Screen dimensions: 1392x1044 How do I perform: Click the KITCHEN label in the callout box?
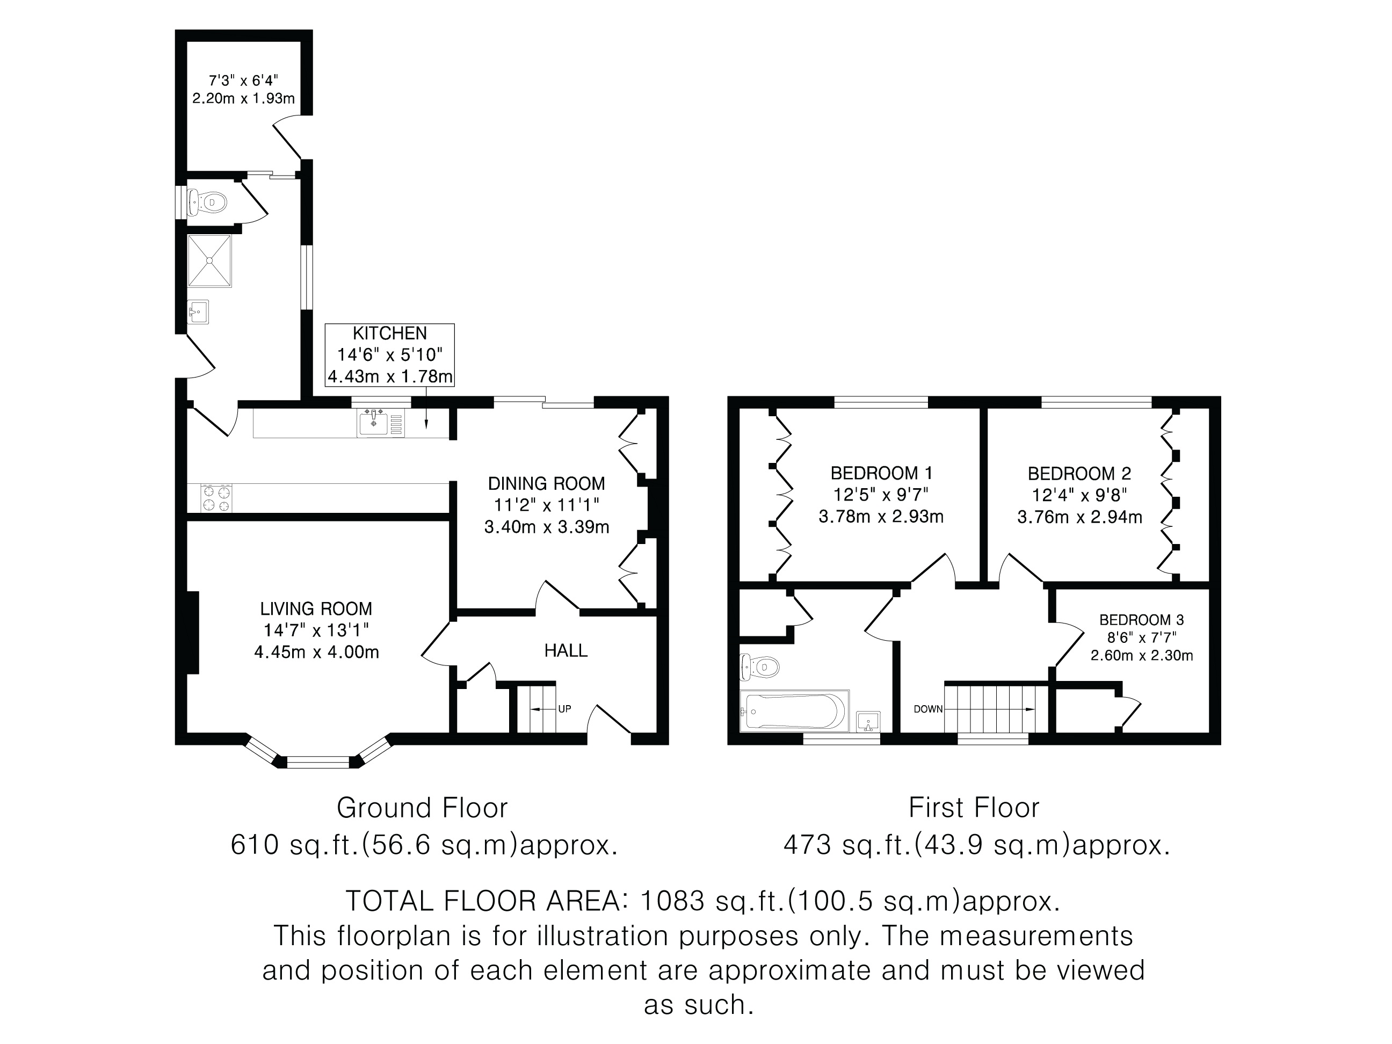(389, 334)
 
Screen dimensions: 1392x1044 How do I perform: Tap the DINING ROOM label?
(546, 484)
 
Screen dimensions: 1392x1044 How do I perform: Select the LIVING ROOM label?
(316, 609)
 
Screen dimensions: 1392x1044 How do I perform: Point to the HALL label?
(565, 651)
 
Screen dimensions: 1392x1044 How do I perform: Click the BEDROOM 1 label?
(881, 473)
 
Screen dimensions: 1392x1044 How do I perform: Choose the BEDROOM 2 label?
(1079, 473)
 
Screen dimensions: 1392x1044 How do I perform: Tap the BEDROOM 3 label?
(1142, 620)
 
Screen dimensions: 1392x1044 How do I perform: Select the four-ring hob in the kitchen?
(216, 498)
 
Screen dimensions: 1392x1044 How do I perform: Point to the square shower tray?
(209, 261)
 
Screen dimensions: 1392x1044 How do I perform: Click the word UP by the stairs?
(564, 709)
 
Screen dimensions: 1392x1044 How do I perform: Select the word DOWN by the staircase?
(928, 709)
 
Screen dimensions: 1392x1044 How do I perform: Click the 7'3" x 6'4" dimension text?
(243, 81)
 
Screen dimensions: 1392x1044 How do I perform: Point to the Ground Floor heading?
(422, 809)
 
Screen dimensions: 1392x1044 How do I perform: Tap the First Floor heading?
(974, 809)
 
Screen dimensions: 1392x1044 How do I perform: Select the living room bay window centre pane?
(318, 763)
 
